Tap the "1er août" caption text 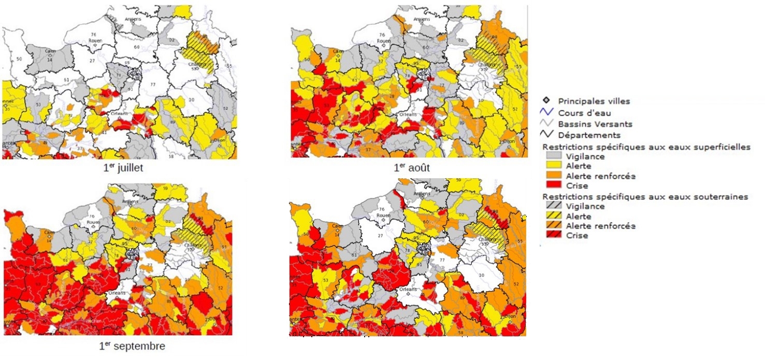pos(412,168)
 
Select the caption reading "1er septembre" pos(132,345)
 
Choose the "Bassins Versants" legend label pos(587,124)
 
